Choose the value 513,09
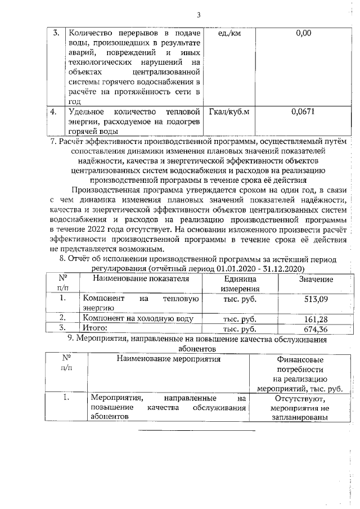point(316,299)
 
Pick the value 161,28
point(316,319)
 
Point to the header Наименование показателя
point(140,279)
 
